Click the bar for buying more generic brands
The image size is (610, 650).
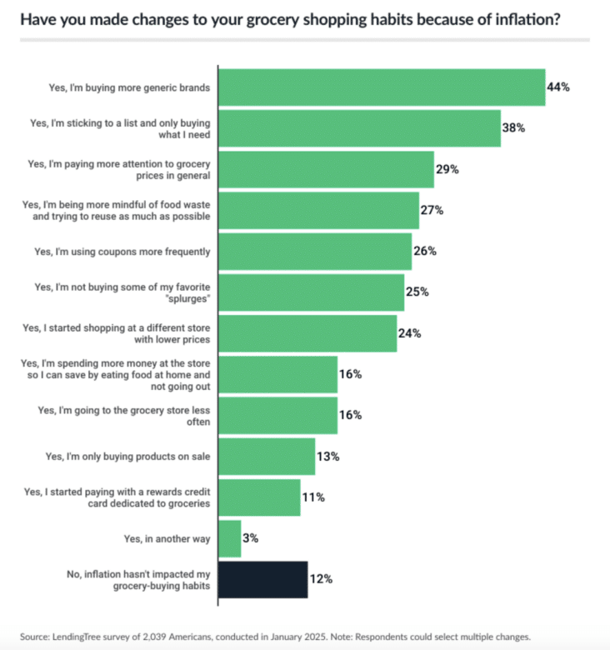(381, 87)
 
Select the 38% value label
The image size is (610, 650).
(514, 128)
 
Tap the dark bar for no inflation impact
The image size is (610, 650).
(262, 579)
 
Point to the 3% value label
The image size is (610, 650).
(251, 538)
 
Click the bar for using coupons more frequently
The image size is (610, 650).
(314, 251)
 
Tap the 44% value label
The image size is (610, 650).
(558, 87)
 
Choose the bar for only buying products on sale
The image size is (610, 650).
(266, 457)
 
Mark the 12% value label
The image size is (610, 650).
(322, 579)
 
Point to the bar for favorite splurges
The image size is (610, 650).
(311, 292)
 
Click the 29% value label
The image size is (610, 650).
(447, 169)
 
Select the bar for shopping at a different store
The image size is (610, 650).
(307, 333)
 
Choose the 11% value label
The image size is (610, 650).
(314, 497)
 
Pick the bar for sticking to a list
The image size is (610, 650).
(359, 128)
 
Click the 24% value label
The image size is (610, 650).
(410, 333)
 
